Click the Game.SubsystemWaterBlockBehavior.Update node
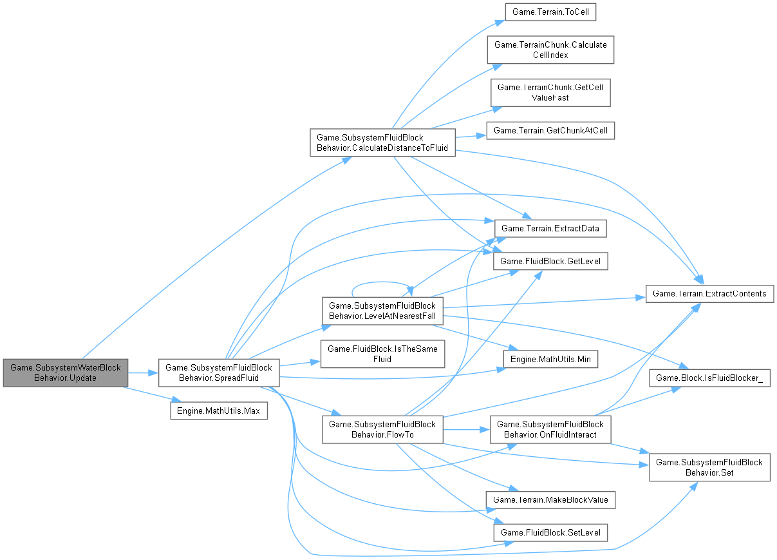[66, 372]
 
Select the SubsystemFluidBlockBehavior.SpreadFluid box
[219, 372]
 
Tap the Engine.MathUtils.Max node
[218, 410]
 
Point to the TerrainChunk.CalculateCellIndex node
[550, 50]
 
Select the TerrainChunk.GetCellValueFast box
[550, 93]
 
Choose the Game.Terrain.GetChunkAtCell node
[550, 131]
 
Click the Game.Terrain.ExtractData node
[550, 228]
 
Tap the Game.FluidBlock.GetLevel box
[550, 262]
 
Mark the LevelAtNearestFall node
[382, 310]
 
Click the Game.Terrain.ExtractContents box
[709, 294]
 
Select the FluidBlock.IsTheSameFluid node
[382, 354]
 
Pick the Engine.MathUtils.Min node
[550, 359]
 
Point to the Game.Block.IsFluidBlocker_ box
[709, 378]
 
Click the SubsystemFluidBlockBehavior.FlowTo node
[382, 429]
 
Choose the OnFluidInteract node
[550, 429]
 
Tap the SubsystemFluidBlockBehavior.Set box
[709, 467]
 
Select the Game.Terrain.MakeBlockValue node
[550, 499]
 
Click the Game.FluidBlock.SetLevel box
[550, 532]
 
